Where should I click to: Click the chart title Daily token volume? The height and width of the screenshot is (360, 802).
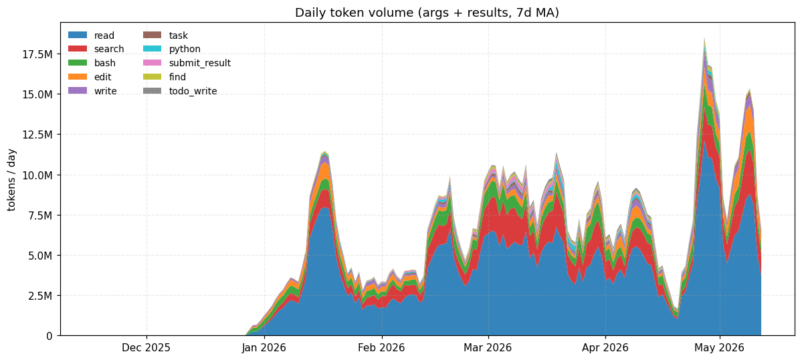(x=427, y=13)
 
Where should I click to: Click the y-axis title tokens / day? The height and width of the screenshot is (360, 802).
(x=11, y=179)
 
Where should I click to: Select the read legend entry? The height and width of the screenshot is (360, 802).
(x=92, y=35)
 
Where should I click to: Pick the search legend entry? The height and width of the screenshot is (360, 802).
(x=96, y=50)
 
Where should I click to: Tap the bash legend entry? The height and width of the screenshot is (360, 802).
(x=92, y=64)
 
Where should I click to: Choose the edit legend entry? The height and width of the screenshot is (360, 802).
(x=90, y=77)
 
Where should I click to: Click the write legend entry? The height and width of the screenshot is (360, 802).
(x=92, y=91)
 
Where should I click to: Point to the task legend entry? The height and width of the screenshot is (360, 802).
(x=165, y=35)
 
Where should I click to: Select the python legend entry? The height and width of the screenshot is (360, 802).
(x=171, y=50)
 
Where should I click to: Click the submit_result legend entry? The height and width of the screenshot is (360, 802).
(x=186, y=64)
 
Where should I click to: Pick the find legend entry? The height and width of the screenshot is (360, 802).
(x=164, y=77)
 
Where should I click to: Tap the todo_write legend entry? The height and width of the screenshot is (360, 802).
(x=179, y=91)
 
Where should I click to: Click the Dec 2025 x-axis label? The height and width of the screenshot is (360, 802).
(x=146, y=348)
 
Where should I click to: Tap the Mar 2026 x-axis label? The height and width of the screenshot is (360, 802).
(x=488, y=348)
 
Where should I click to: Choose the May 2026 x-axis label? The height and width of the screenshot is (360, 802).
(x=720, y=348)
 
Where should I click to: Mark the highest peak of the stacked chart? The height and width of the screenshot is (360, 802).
(x=705, y=38)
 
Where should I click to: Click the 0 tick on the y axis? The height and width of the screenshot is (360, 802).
(x=49, y=336)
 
